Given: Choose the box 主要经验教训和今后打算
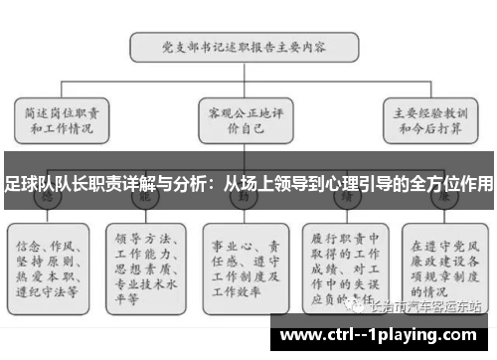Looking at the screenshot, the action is [430, 121].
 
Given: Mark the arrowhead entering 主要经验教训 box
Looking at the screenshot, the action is [430, 94].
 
